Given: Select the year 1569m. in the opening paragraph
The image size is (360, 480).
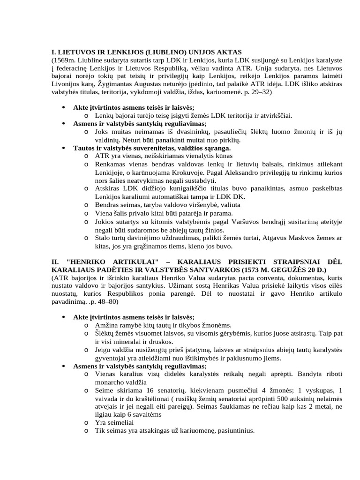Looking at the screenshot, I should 64,61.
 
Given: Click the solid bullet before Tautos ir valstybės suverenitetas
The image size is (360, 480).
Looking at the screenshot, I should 64,148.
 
